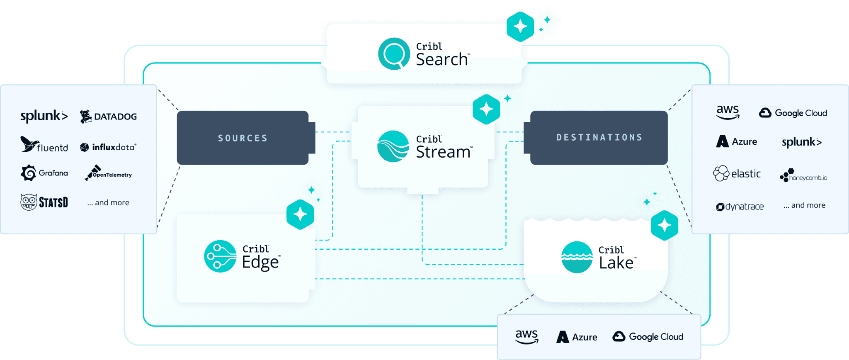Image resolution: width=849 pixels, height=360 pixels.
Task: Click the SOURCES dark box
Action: coord(243,138)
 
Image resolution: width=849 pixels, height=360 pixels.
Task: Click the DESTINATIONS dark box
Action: coord(599,137)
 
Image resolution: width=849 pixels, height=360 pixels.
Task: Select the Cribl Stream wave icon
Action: coord(393,146)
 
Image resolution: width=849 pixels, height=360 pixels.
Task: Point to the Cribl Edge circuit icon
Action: coord(220,256)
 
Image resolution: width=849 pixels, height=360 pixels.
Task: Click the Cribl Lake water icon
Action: coord(577,257)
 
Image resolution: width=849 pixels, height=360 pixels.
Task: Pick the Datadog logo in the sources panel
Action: coord(108,117)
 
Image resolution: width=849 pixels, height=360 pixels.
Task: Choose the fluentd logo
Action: coord(44,145)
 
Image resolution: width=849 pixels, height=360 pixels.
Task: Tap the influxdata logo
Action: coord(108,147)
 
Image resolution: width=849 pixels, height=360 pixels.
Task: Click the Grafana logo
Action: coord(44,173)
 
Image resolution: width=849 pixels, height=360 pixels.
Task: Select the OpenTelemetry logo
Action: coord(108,173)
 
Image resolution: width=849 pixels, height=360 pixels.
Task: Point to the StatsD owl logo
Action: coord(44,202)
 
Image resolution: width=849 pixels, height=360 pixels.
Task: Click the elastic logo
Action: coord(737,173)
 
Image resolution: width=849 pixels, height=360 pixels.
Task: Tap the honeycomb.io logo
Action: coord(803,175)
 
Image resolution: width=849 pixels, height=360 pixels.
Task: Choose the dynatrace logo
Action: coord(740,207)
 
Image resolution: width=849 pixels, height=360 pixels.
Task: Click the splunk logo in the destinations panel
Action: coord(801,142)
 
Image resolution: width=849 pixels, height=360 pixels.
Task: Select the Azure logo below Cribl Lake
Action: coord(577,337)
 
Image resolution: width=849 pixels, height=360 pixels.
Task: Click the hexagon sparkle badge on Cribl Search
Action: coord(520,27)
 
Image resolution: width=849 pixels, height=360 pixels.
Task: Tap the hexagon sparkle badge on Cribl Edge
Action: coord(300,214)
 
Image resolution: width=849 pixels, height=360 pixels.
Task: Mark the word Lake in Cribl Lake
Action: coord(616,263)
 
